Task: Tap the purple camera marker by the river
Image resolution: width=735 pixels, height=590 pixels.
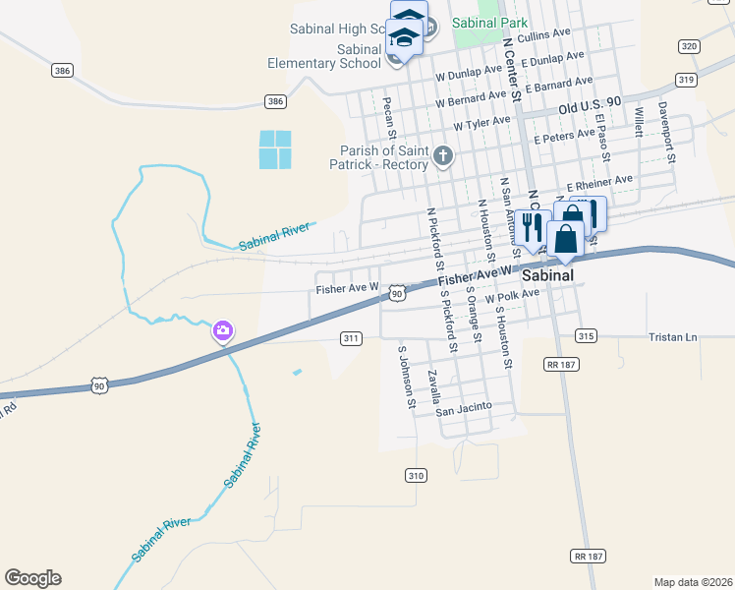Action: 223,330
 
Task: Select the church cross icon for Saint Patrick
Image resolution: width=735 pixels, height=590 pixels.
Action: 443,155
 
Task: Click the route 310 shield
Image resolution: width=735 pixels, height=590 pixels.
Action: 416,476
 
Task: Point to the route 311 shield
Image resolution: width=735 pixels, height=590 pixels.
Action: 352,338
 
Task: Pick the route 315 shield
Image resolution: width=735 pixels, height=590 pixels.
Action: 586,336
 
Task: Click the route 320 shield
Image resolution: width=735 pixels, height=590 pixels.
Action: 689,46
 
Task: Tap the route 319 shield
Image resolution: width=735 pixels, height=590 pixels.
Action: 686,80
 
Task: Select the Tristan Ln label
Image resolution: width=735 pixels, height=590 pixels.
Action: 672,336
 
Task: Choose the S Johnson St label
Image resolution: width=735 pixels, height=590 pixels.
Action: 405,376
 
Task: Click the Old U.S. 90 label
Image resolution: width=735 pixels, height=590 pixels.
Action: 591,102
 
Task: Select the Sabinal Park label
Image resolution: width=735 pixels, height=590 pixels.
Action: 489,23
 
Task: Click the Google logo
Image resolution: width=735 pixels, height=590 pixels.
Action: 32,578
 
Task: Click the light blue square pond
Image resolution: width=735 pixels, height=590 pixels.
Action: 275,149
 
